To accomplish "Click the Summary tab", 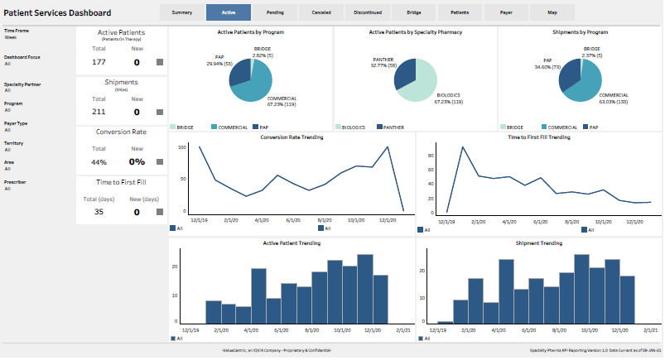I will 181,13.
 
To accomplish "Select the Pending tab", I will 276,13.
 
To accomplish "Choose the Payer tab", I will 506,13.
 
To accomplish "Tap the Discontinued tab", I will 369,13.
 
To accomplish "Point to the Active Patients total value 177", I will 99,62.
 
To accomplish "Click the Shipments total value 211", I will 99,112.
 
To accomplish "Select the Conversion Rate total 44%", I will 99,162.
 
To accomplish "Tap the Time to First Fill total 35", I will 99,212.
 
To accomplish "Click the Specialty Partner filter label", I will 23,84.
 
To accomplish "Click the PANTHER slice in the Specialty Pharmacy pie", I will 403,75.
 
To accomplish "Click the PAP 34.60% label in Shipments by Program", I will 542,65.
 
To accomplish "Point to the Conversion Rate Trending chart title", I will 292,137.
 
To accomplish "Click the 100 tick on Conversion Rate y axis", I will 181,147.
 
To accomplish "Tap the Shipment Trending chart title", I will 538,243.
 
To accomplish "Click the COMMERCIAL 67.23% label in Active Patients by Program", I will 282,102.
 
